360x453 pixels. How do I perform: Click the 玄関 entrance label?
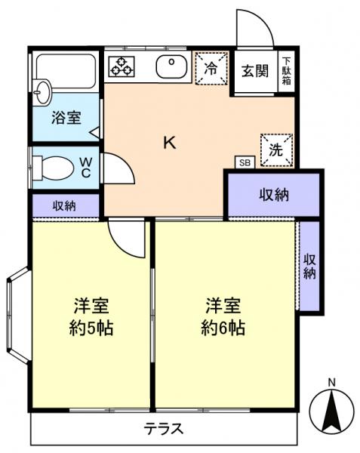pyautogui.click(x=254, y=71)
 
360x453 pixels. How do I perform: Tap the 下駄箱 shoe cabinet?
pyautogui.click(x=287, y=72)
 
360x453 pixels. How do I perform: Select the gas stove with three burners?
pyautogui.click(x=121, y=66)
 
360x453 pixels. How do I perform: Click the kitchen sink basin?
pyautogui.click(x=174, y=67)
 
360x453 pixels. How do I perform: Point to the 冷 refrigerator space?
pyautogui.click(x=211, y=68)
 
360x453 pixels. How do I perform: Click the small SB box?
pyautogui.click(x=244, y=162)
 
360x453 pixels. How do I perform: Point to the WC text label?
pyautogui.click(x=87, y=166)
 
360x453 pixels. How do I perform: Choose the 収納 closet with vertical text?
pyautogui.click(x=309, y=266)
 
